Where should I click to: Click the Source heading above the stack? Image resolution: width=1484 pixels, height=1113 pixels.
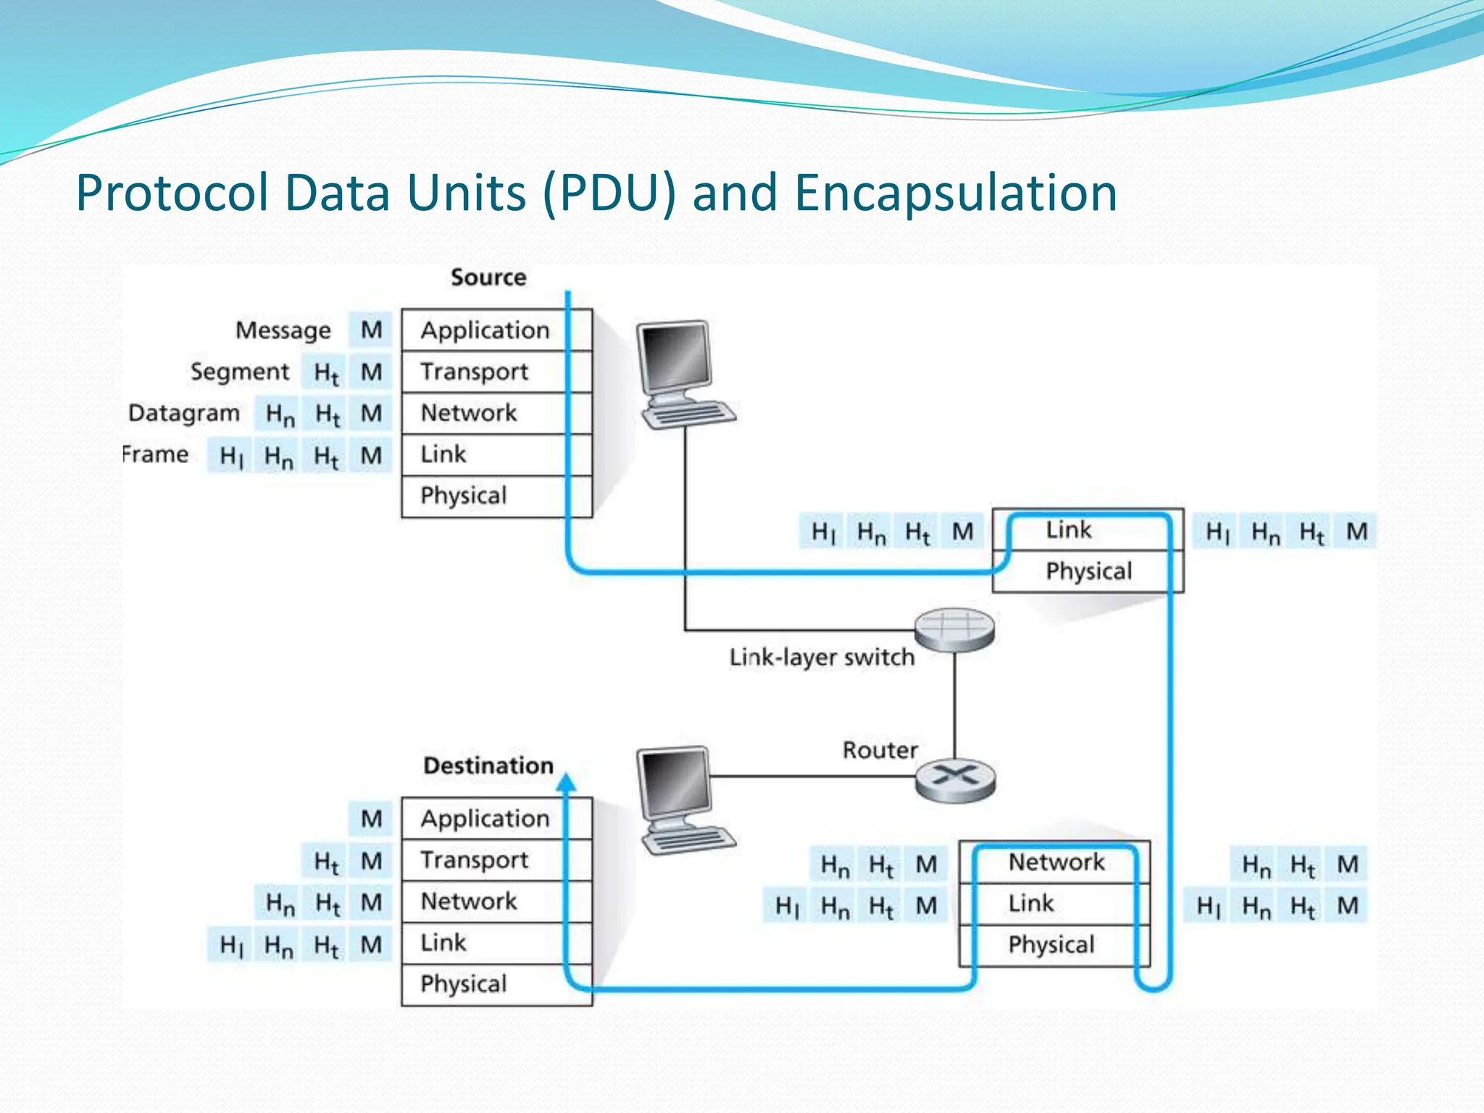coord(488,278)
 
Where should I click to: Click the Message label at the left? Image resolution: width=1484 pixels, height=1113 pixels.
coord(283,330)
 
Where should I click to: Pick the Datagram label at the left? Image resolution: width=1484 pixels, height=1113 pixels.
coord(183,413)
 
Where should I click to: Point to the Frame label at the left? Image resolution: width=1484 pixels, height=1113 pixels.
coord(155,455)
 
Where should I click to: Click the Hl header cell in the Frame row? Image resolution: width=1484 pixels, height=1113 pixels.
coord(230,456)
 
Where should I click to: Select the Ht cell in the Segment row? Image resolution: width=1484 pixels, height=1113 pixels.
coord(325,372)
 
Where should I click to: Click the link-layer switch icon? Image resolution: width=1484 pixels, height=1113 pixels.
coord(954,628)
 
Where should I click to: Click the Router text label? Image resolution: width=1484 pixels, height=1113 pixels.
coord(880,750)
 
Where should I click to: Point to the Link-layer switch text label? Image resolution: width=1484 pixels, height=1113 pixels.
coord(822,657)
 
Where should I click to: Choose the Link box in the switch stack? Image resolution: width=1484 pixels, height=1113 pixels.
coord(1069,530)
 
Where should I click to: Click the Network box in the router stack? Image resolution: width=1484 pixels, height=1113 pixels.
coord(1056,862)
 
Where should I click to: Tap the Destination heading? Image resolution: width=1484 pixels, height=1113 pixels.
coord(488,766)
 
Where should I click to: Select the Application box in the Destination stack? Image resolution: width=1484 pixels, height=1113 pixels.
coord(485,819)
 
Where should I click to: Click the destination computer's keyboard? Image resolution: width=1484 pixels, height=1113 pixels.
coord(688,839)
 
